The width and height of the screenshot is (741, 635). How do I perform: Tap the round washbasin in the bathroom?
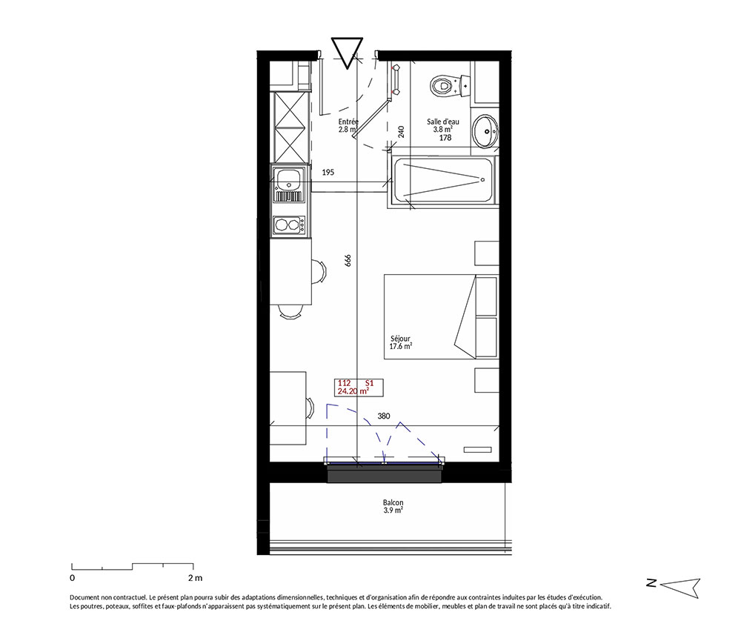tap(485, 130)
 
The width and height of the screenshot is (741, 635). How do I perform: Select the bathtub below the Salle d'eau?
tap(442, 182)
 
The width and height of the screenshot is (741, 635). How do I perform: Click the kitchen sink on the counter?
tap(289, 184)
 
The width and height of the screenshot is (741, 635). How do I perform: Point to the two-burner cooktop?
tap(289, 225)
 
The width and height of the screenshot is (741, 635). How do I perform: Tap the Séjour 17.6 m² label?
tap(400, 342)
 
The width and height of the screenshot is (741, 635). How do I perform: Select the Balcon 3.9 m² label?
tap(393, 507)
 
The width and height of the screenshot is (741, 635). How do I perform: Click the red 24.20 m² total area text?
tap(353, 391)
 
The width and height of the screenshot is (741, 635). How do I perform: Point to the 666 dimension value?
tap(348, 261)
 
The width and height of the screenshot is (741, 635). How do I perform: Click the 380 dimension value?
tap(384, 416)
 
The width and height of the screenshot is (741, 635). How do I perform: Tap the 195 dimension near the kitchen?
tap(328, 172)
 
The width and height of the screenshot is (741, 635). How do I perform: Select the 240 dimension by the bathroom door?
tap(401, 131)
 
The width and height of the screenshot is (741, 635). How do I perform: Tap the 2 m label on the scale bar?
tap(195, 578)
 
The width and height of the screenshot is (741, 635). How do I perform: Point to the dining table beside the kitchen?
tap(290, 272)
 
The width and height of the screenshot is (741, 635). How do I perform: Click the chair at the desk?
tap(310, 408)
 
